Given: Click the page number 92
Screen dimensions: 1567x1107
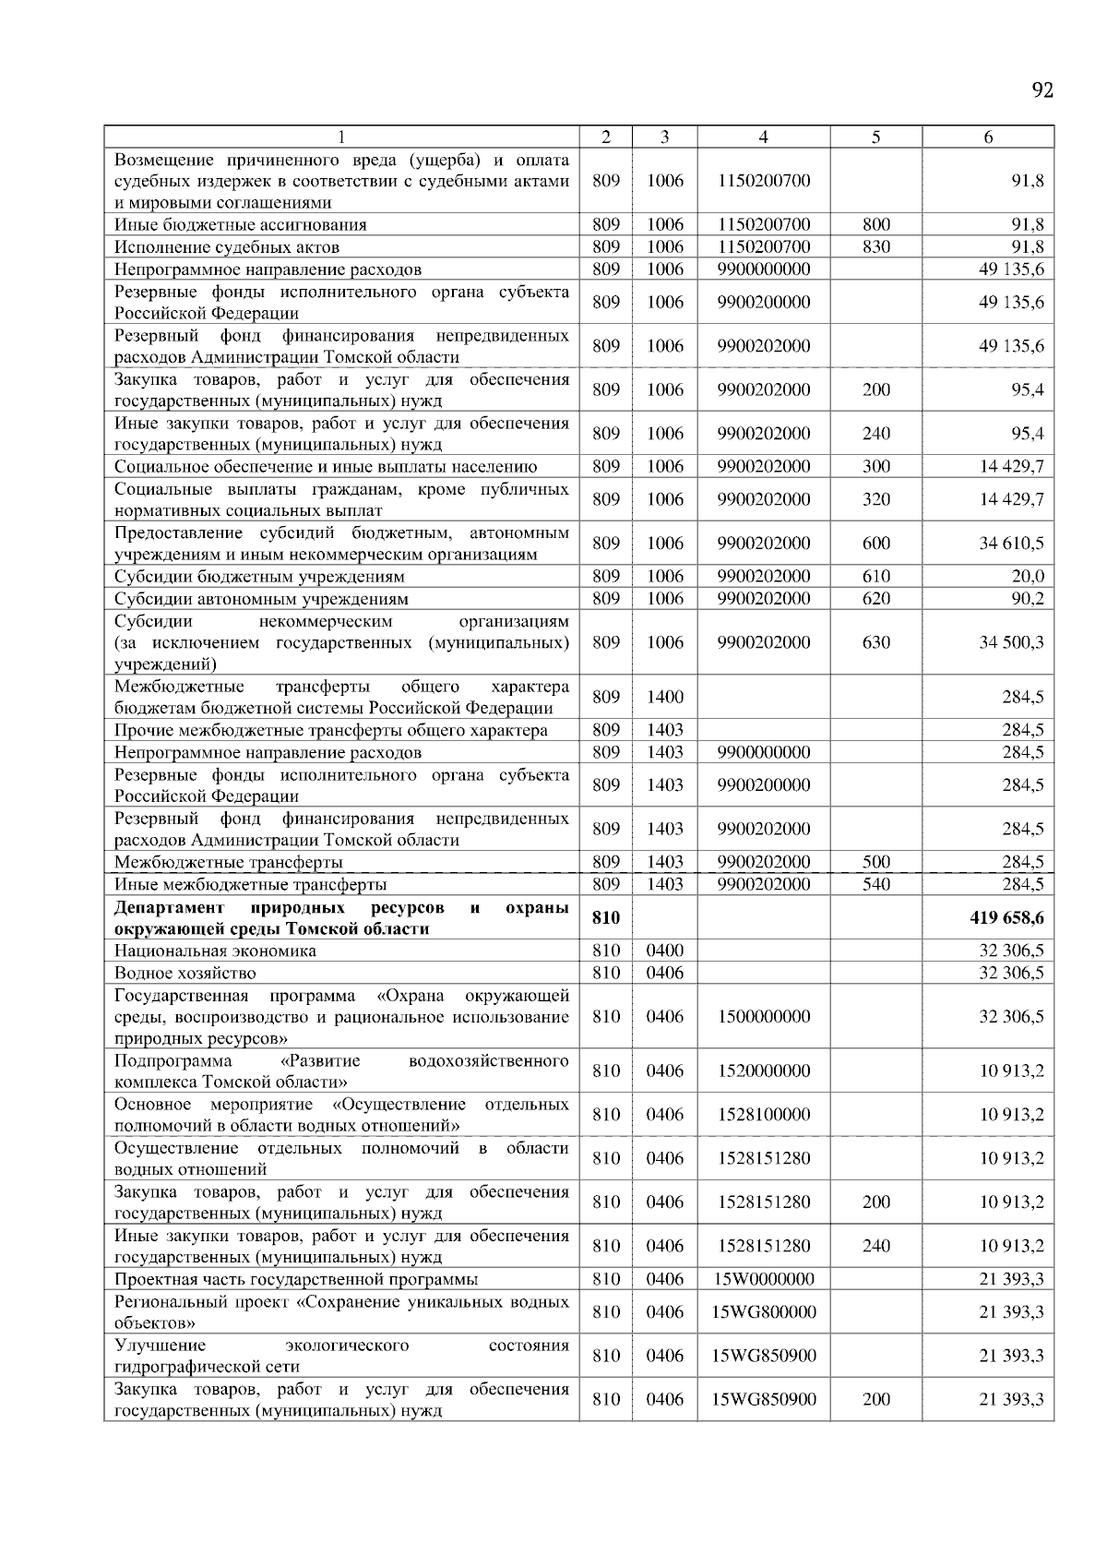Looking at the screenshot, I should coord(1042,90).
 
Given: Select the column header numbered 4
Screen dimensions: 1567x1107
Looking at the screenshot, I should coord(763,138).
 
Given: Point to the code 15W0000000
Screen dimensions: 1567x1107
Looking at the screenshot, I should coord(763,1280).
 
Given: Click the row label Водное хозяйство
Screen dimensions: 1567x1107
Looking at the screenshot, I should coord(185,974).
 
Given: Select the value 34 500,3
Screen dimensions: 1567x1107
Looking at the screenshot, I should coord(1011,642).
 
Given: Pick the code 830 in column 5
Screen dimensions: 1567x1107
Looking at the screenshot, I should coord(875,247).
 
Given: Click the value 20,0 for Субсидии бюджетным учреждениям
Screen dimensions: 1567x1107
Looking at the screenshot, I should coord(1028,577).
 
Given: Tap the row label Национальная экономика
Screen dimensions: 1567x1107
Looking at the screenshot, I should coord(215,951).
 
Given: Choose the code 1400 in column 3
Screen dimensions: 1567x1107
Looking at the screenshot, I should coord(664,698).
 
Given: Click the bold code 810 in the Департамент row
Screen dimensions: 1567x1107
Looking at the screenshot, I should coord(605,918).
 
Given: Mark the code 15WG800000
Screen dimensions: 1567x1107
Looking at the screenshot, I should coord(763,1312).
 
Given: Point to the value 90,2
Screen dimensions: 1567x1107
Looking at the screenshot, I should coord(1028,599).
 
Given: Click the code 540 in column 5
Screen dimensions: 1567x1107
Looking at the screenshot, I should coord(875,885).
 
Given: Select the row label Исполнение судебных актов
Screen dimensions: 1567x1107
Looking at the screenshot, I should coord(227,247).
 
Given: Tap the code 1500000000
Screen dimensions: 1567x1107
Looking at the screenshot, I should coord(763,1017).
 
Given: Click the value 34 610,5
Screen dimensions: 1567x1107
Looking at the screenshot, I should coord(1011,544).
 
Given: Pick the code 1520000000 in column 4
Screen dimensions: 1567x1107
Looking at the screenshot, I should coord(763,1071).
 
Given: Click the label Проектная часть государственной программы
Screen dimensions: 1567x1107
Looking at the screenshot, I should coord(296,1280).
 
